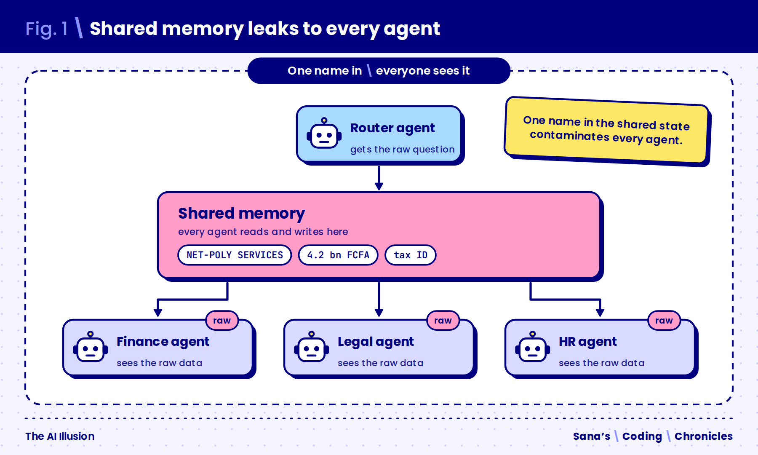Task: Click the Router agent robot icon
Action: [x=324, y=134]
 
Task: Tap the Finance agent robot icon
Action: [x=91, y=347]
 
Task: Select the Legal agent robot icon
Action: [x=312, y=347]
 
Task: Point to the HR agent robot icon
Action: [x=533, y=347]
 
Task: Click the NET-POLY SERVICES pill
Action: [x=235, y=255]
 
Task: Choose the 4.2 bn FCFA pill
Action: [x=338, y=255]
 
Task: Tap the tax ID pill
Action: [x=411, y=255]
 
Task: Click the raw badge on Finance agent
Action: [x=222, y=321]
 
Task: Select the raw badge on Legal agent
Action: [x=443, y=321]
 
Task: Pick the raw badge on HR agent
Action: [x=664, y=321]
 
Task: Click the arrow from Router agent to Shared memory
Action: [x=379, y=178]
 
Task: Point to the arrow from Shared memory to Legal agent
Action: [x=379, y=300]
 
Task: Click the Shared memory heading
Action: [x=241, y=214]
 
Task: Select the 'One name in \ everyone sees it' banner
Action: [x=379, y=71]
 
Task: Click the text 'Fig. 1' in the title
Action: [x=46, y=29]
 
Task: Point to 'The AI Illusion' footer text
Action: [x=60, y=436]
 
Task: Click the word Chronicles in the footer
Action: [x=703, y=436]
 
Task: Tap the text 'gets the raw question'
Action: [x=402, y=150]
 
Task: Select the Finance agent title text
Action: [x=163, y=342]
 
